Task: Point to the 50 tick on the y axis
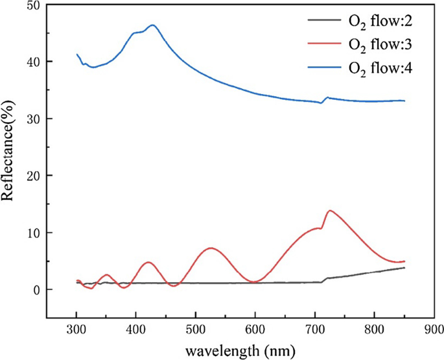point(32,5)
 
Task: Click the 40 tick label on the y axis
point(32,62)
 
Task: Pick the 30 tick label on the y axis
point(32,119)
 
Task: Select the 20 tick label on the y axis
point(32,176)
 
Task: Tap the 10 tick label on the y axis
point(32,233)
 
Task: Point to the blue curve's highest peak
point(152,25)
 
